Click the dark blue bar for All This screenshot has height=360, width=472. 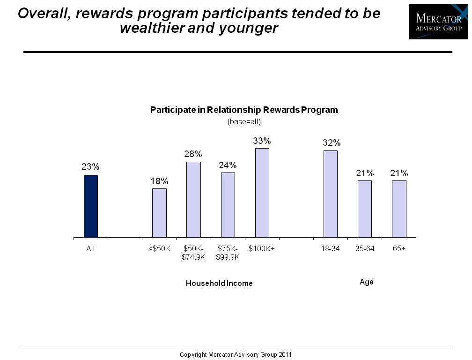point(91,206)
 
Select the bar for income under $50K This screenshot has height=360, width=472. point(159,213)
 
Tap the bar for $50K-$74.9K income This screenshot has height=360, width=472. point(193,200)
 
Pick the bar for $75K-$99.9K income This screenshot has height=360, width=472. point(228,205)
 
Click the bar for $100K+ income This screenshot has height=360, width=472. point(262,193)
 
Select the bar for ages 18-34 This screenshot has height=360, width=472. point(331,194)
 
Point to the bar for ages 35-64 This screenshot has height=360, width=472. point(365,209)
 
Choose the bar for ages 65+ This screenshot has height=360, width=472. point(399,209)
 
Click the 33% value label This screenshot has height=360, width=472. point(262,140)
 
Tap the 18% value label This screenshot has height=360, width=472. point(159,181)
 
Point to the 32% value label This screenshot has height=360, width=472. point(331,142)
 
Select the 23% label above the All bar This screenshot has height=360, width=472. point(90,167)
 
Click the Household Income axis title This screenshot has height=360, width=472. point(219,283)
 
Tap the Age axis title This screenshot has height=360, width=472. point(366,282)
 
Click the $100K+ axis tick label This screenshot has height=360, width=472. point(262,249)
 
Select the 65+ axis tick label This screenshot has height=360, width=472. point(399,249)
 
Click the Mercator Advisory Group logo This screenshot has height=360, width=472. point(438,22)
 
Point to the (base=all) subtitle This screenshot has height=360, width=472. point(243,121)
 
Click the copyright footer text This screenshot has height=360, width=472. point(236,354)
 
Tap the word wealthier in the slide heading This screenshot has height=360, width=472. point(152,28)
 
